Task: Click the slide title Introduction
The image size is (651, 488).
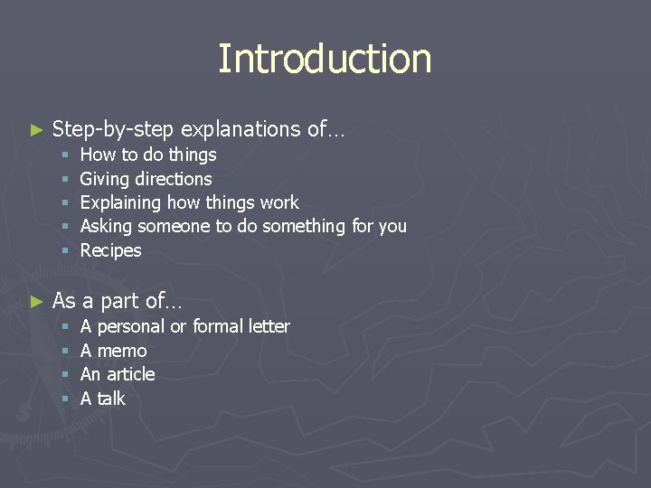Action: coord(325,59)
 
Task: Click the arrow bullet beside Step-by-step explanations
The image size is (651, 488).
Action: coord(36,130)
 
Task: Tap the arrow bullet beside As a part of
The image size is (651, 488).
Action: coord(36,301)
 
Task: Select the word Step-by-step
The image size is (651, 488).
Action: coord(112,130)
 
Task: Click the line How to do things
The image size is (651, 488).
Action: coord(148,155)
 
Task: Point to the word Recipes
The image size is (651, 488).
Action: coord(111,250)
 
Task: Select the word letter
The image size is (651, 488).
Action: coord(269,326)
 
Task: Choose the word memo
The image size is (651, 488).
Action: coord(121,351)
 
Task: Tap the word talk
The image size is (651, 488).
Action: coord(110,399)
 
